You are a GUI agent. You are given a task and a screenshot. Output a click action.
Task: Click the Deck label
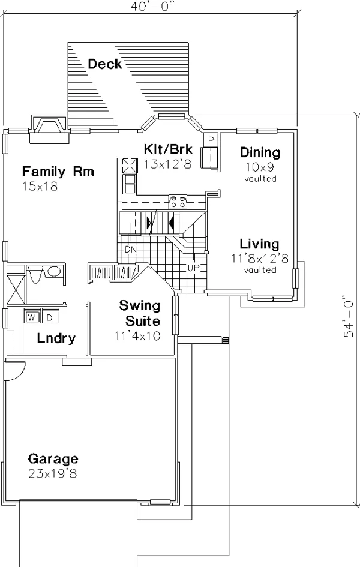point(105,64)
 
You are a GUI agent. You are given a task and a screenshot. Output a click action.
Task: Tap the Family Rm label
point(58,171)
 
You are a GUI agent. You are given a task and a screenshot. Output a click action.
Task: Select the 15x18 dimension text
point(40,187)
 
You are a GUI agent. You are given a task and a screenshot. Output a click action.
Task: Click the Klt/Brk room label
point(168,149)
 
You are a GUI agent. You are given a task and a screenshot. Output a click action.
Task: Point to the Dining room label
point(260,152)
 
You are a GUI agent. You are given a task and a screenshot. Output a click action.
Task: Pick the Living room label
point(260,244)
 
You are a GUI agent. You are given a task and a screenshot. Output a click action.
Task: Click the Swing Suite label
point(140,313)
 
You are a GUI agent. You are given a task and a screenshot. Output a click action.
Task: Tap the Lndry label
point(56,338)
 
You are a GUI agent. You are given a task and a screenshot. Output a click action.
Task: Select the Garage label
point(53,459)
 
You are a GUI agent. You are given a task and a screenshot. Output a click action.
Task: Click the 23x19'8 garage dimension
point(53,474)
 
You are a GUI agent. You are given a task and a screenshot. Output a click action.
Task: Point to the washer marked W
point(32,317)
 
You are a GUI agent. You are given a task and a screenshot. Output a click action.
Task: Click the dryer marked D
point(50,317)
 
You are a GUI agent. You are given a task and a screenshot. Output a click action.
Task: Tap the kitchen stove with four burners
point(178,202)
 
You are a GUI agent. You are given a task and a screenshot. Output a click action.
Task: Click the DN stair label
point(130,250)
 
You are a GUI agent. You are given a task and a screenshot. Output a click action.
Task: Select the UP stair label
point(193,268)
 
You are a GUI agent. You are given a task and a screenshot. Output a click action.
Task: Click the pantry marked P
point(211,140)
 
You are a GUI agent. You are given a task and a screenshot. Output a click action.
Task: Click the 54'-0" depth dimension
point(349,317)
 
